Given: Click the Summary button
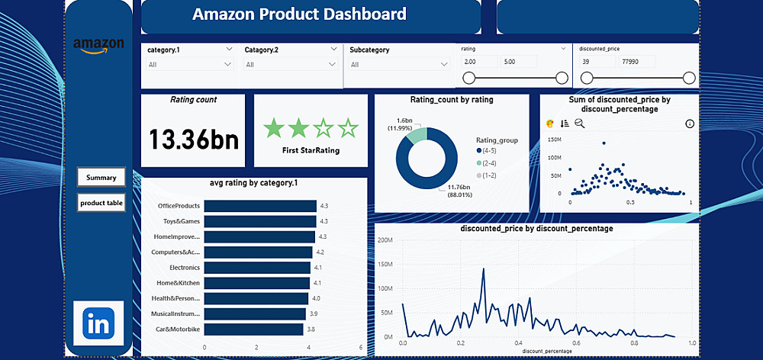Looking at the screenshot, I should click(101, 178).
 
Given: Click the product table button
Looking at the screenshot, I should click(101, 203).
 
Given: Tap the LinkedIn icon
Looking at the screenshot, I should click(98, 324).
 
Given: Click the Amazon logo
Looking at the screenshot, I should click(98, 44).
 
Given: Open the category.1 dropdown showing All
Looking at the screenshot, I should click(189, 65).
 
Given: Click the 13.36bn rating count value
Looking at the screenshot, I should click(193, 140).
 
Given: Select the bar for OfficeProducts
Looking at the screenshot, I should click(260, 206).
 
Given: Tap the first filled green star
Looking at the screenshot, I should click(273, 128).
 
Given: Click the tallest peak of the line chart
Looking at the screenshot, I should click(483, 269).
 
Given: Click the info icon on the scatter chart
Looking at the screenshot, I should click(690, 124).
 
